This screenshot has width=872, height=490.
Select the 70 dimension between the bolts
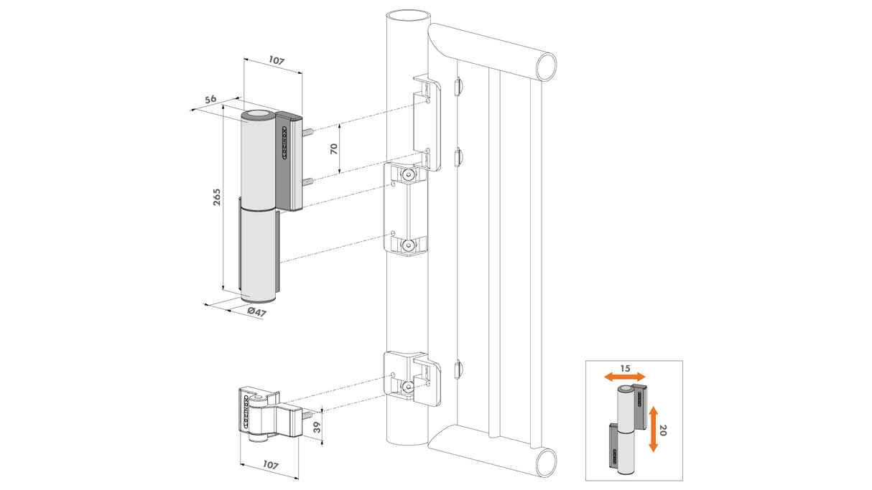click(334, 149)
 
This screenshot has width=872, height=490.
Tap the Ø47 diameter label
click(256, 311)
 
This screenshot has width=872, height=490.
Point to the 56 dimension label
click(210, 100)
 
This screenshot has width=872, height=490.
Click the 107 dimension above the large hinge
click(276, 62)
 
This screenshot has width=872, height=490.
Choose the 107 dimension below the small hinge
click(270, 465)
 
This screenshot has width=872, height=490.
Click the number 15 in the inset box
click(625, 368)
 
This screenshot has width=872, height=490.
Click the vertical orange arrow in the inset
click(653, 429)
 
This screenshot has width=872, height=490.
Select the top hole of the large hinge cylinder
click(258, 116)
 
